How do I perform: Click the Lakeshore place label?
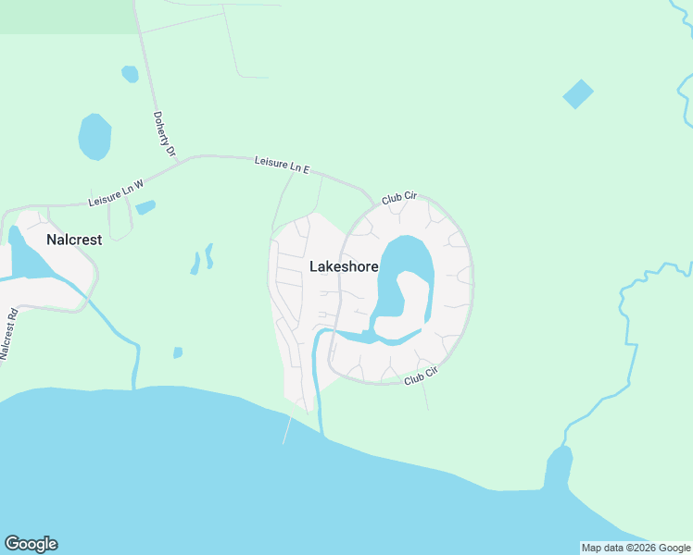tap(344, 266)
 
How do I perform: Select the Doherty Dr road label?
tap(163, 135)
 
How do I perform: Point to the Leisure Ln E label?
tap(282, 166)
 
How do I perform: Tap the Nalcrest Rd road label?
tap(9, 330)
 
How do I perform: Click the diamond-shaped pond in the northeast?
tap(577, 93)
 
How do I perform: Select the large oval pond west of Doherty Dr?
tap(94, 137)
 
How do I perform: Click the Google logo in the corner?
tap(31, 544)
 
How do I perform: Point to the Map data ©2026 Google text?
tap(636, 548)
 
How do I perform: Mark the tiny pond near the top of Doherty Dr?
tap(130, 73)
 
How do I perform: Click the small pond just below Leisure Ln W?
tap(145, 207)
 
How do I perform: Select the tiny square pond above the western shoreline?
tap(177, 352)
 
